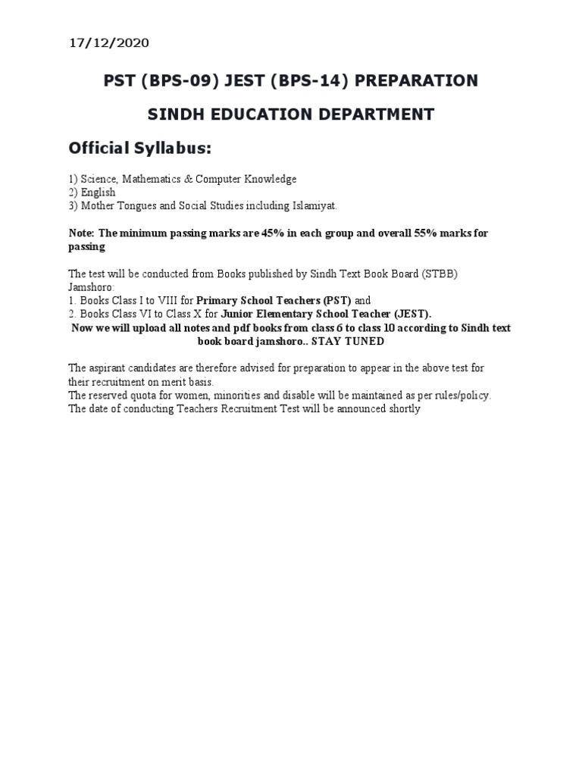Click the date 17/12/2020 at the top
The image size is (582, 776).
[x=110, y=43]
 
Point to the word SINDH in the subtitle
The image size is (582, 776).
[x=174, y=114]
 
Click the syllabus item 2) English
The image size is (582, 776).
[x=92, y=192]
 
